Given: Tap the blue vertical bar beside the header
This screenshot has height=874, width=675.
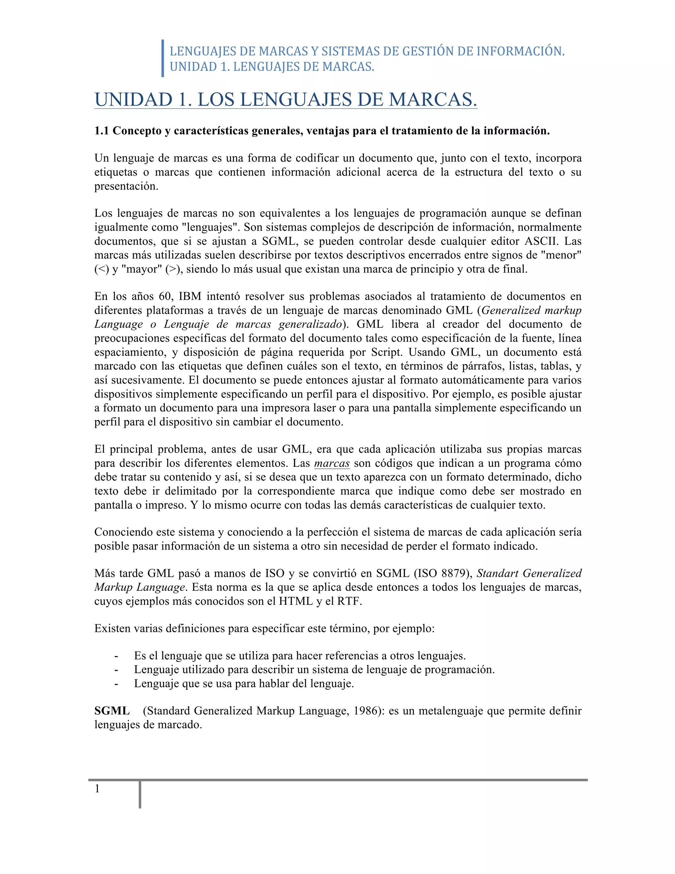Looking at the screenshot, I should (163, 58).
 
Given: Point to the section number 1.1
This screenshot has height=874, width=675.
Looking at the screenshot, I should (102, 131).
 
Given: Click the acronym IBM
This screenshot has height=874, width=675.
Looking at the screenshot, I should (190, 296).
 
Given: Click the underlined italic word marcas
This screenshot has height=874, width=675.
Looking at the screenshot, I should (332, 463).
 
